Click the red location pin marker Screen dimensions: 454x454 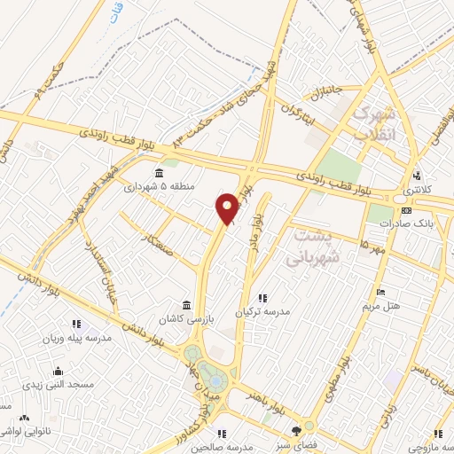coord(228,207)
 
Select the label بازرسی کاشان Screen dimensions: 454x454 coord(185,317)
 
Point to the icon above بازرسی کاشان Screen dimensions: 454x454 coord(185,303)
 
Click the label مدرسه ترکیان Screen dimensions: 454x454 coord(262,313)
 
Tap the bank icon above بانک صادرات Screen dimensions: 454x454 coord(406,210)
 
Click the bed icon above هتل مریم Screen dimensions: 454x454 coord(380,293)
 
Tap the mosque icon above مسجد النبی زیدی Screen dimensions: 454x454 coord(58,372)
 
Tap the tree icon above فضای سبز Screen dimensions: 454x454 coord(308,425)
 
